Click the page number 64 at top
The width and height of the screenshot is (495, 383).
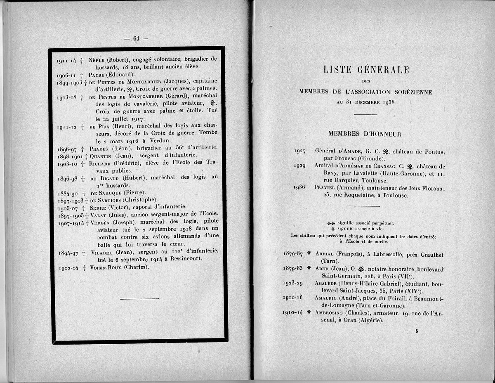(x=136, y=38)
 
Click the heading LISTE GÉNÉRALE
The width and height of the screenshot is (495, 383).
(x=366, y=70)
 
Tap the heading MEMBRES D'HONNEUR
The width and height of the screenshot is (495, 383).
(x=365, y=134)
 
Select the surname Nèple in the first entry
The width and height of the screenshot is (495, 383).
(x=97, y=59)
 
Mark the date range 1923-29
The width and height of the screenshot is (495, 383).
(x=293, y=284)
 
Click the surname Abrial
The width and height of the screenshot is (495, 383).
(x=325, y=254)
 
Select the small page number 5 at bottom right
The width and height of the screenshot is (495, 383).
(x=417, y=331)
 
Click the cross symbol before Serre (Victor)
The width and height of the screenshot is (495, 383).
(x=84, y=207)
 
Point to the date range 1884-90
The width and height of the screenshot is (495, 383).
(x=67, y=193)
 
